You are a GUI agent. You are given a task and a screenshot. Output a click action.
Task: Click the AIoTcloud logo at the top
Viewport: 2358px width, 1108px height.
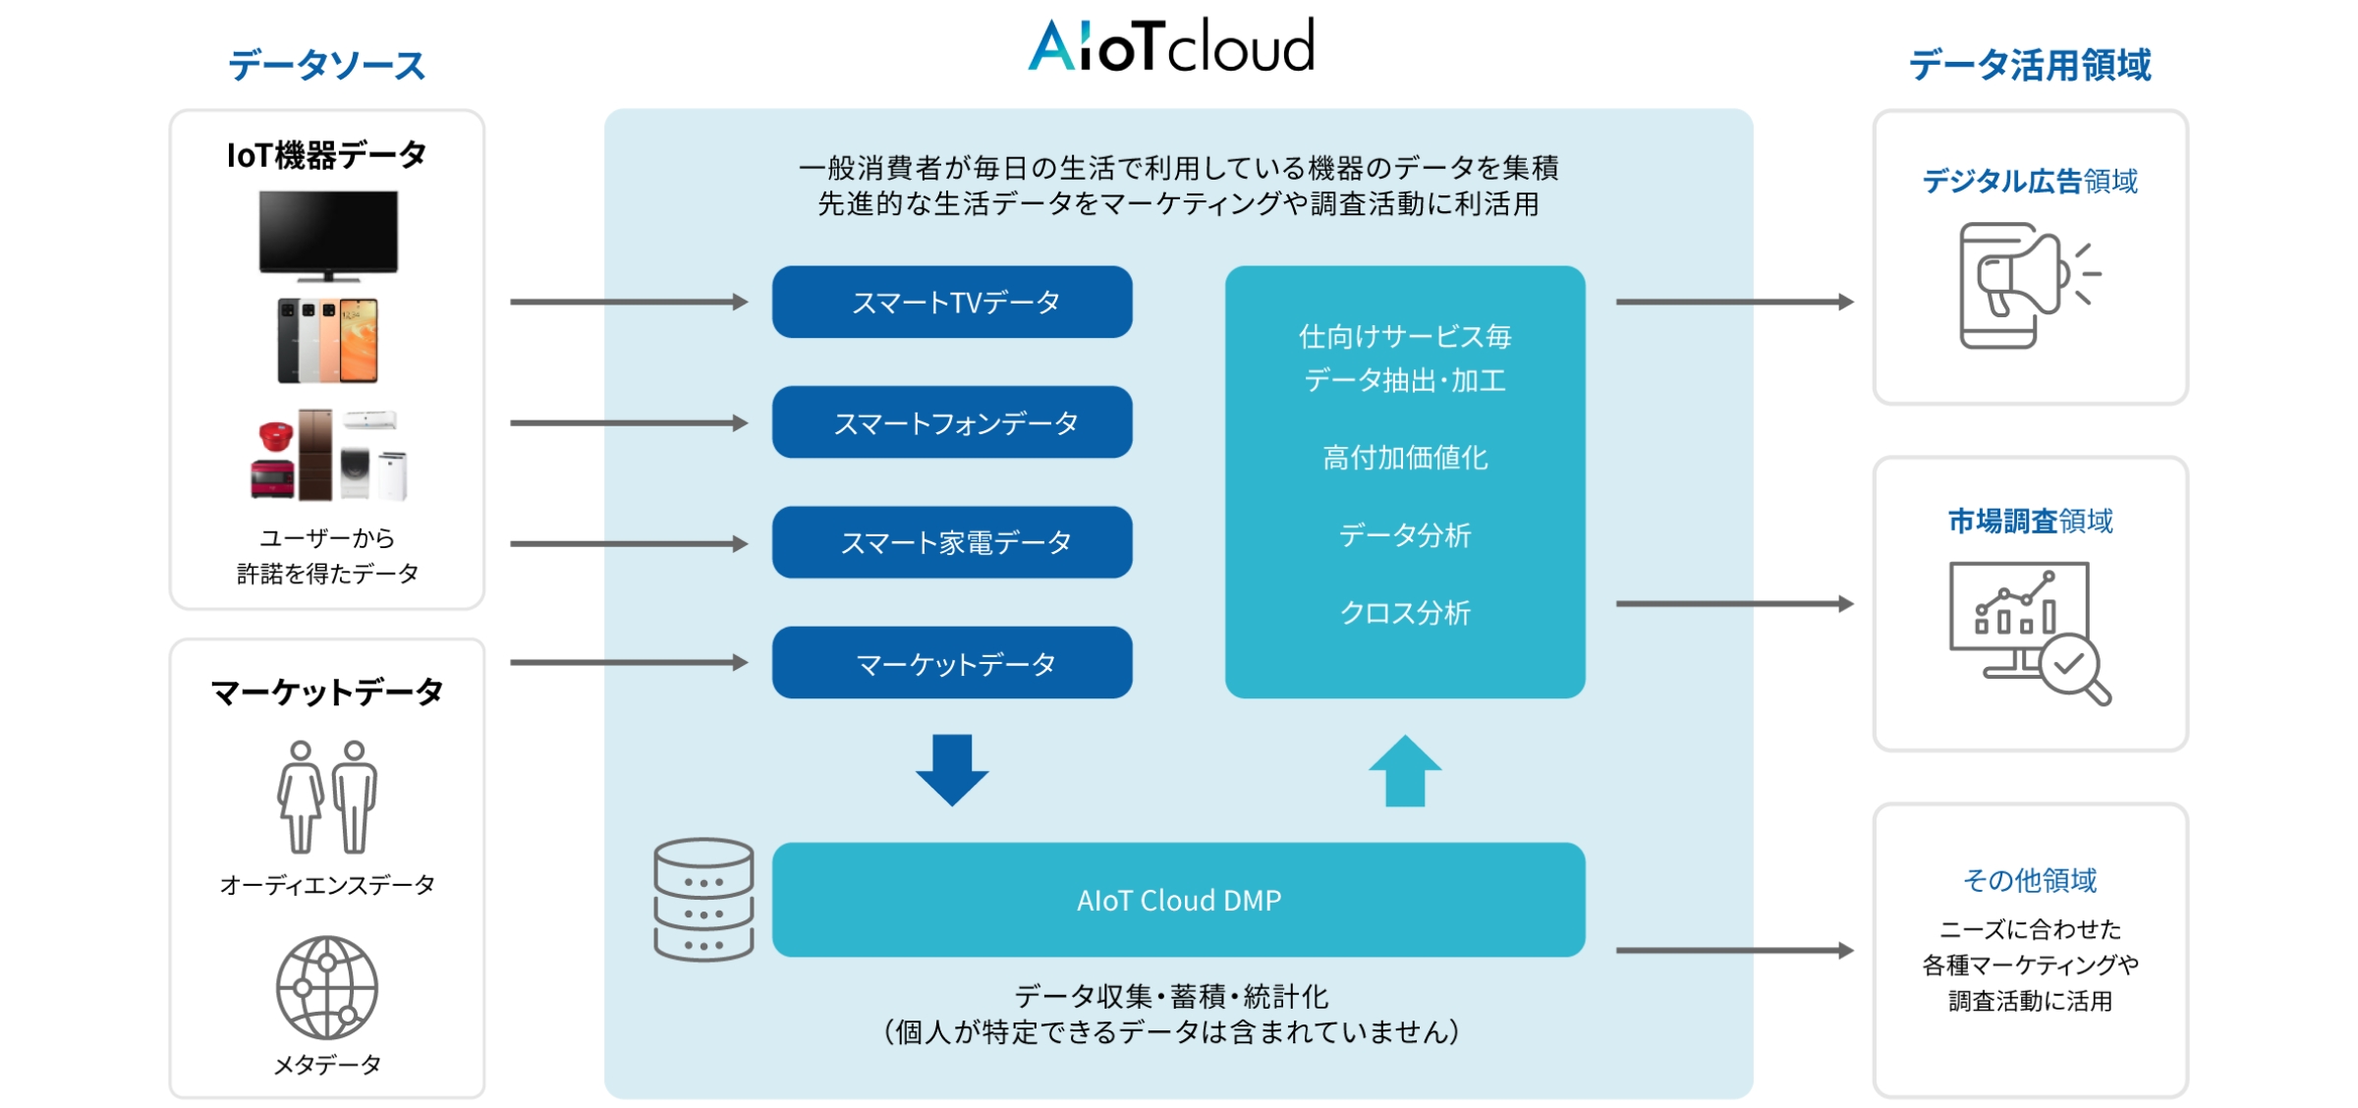pyautogui.click(x=1170, y=45)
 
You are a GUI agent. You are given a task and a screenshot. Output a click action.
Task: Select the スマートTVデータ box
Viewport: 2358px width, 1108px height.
pyautogui.click(x=952, y=302)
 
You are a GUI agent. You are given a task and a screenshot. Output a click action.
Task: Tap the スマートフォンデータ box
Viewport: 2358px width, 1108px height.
pyautogui.click(x=952, y=422)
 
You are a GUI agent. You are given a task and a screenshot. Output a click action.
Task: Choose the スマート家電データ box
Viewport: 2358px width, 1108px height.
pyautogui.click(x=952, y=542)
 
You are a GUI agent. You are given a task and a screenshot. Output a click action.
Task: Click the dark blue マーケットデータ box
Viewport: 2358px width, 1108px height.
pyautogui.click(x=952, y=663)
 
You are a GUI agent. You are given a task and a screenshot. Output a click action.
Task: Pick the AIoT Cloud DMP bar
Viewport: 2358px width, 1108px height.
pyautogui.click(x=1179, y=900)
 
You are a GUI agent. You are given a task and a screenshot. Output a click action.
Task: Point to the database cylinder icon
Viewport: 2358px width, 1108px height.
pyautogui.click(x=704, y=899)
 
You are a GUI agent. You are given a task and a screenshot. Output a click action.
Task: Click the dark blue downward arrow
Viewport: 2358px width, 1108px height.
pyautogui.click(x=952, y=770)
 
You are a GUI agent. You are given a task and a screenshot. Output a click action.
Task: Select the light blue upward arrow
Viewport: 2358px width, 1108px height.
pyautogui.click(x=1405, y=770)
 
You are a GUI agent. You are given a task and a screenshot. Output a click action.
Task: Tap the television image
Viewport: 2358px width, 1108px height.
pyautogui.click(x=328, y=236)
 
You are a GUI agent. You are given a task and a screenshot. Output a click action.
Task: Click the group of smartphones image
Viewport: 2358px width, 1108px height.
pyautogui.click(x=328, y=341)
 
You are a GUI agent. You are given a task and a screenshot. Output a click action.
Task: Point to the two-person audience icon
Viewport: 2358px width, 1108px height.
pyautogui.click(x=327, y=797)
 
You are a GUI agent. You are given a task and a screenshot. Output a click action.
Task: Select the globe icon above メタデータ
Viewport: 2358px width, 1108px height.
pyautogui.click(x=327, y=987)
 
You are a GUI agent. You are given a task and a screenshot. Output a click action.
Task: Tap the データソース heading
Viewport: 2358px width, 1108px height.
pyautogui.click(x=327, y=66)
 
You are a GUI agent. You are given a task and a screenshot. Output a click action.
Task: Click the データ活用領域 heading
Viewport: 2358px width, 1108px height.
pyautogui.click(x=2030, y=66)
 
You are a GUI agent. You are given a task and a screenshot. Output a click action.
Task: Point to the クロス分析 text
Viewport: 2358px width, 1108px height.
pyautogui.click(x=1405, y=613)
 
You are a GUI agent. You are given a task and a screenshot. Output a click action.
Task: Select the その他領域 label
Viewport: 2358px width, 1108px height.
pyautogui.click(x=2030, y=880)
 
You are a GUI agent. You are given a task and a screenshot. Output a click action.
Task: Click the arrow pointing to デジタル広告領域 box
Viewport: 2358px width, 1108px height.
pyautogui.click(x=1735, y=302)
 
